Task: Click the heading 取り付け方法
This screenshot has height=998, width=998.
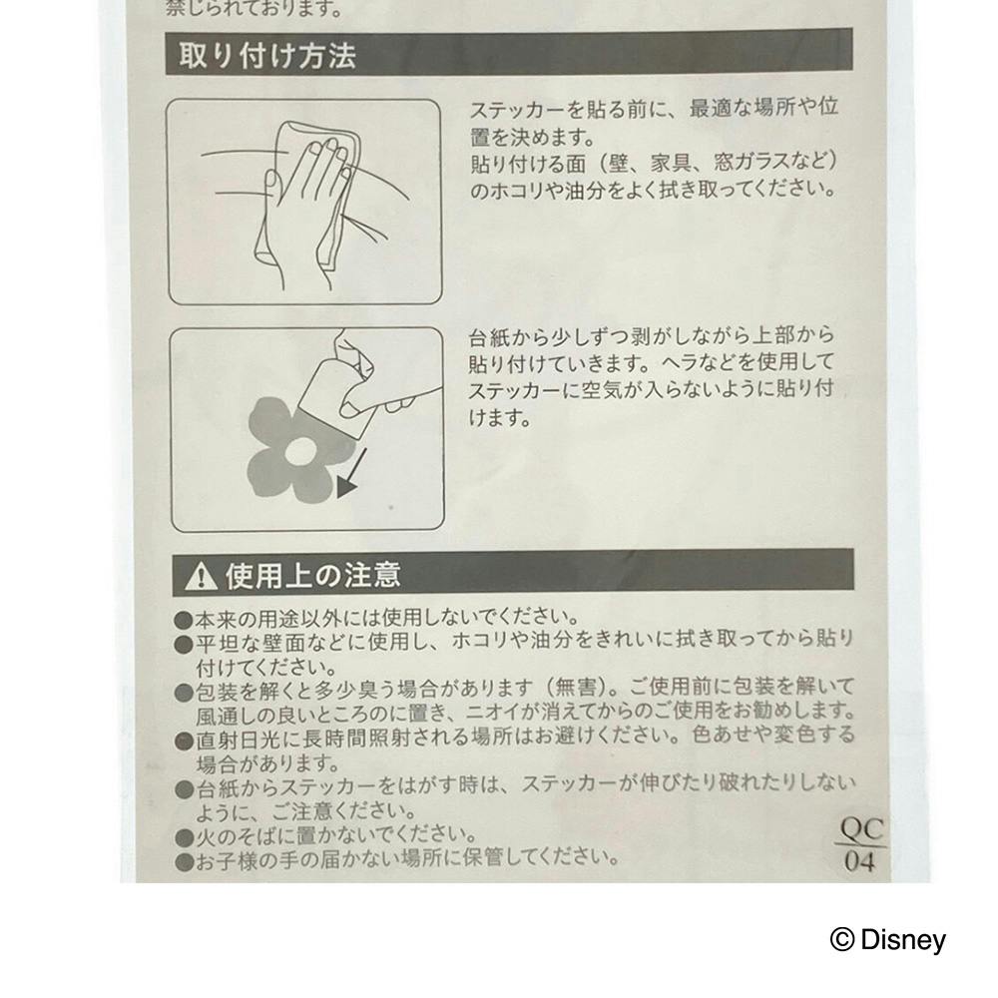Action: [266, 55]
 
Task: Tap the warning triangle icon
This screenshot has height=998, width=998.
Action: [202, 576]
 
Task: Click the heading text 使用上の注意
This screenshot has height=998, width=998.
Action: [312, 574]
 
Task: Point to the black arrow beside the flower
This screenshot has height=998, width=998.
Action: [352, 473]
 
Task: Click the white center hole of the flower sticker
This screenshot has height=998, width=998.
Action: [298, 451]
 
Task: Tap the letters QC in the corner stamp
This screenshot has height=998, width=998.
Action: [861, 829]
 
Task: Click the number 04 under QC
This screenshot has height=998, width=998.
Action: [859, 862]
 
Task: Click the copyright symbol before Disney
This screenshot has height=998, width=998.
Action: [842, 939]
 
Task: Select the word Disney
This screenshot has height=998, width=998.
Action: [902, 940]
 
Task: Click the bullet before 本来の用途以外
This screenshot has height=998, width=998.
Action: [184, 620]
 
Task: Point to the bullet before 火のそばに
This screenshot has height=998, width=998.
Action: [185, 837]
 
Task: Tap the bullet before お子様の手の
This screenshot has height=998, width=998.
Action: [185, 862]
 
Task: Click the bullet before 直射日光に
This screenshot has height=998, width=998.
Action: [185, 741]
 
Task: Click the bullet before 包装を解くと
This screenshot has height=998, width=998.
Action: [185, 693]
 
